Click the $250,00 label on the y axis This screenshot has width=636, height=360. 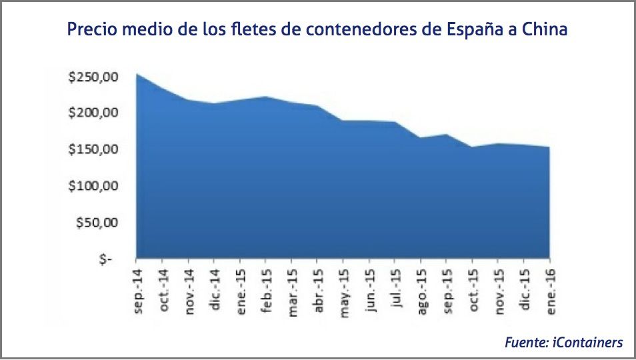[93, 77]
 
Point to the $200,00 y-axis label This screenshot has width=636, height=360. [93, 113]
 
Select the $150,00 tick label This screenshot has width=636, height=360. [93, 149]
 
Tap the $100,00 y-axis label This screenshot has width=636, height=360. [93, 186]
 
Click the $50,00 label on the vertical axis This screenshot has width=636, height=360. [97, 222]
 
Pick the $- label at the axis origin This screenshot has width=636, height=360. [105, 259]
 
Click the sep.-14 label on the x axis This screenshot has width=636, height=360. [138, 286]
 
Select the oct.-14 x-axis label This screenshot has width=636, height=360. [164, 286]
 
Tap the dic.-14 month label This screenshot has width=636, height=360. [215, 285]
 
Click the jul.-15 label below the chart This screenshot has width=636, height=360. [395, 285]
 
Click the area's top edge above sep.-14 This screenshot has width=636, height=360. [137, 74]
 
